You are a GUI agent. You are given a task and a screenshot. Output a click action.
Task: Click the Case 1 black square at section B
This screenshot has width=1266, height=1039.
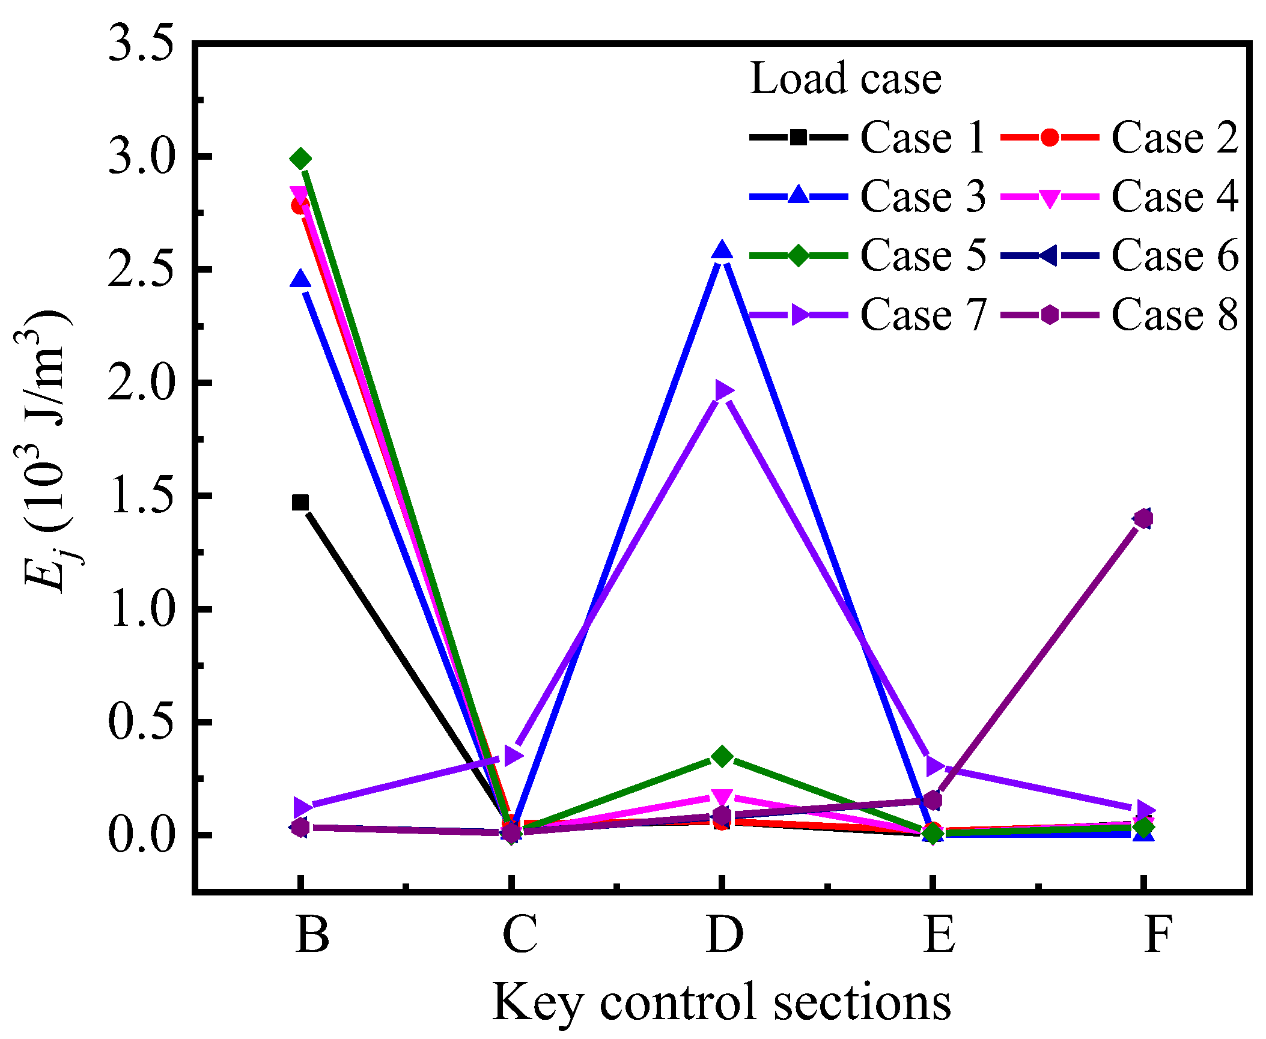tap(300, 503)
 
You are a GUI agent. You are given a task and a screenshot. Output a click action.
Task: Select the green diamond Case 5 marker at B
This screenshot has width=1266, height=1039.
tap(300, 159)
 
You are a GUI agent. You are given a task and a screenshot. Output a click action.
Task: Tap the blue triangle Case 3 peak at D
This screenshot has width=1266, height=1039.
tap(722, 250)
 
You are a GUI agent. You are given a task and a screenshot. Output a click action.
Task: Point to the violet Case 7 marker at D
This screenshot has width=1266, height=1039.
tap(723, 390)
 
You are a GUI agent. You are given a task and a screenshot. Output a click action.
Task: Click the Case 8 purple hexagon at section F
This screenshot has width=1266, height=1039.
tap(1143, 518)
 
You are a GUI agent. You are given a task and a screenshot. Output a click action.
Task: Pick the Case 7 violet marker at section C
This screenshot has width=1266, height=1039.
tap(512, 756)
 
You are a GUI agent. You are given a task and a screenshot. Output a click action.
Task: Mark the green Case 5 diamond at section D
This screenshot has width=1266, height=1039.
tap(722, 757)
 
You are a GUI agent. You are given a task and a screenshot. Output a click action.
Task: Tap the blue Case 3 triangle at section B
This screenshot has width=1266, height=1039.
tap(300, 280)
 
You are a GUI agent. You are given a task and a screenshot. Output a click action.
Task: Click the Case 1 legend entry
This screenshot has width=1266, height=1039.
tap(865, 138)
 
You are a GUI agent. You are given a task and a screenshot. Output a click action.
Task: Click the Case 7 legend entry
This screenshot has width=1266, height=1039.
tap(865, 314)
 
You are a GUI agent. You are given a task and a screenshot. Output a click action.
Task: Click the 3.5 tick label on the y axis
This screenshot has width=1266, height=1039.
tap(141, 44)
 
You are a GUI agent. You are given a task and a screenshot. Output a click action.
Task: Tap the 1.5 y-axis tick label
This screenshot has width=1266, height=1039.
tap(141, 497)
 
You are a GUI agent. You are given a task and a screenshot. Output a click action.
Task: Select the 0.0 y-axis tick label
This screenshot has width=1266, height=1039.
tap(141, 835)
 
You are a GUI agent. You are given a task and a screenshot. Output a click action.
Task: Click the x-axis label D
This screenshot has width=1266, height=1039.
tap(725, 935)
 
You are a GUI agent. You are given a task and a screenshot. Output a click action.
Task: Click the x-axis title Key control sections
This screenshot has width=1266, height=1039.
tap(722, 1002)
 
